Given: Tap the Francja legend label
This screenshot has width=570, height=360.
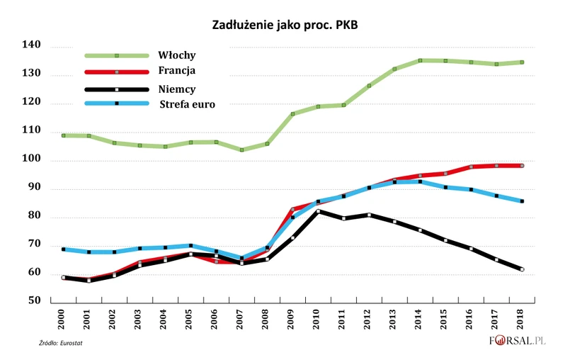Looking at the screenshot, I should click(178, 71).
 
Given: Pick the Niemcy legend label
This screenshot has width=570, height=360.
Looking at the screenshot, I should click(178, 89).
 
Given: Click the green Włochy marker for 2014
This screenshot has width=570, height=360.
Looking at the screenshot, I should click(420, 60).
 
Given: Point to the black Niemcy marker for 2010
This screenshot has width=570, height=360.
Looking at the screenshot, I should click(318, 211).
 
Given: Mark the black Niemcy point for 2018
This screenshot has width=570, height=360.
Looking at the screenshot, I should click(522, 269).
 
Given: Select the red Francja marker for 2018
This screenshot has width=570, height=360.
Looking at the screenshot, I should click(522, 166).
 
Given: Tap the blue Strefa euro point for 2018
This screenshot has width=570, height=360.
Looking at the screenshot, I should click(522, 201).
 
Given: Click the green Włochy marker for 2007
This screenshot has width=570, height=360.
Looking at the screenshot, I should click(241, 150).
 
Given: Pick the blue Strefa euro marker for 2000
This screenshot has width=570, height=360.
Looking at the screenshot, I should click(63, 249).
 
